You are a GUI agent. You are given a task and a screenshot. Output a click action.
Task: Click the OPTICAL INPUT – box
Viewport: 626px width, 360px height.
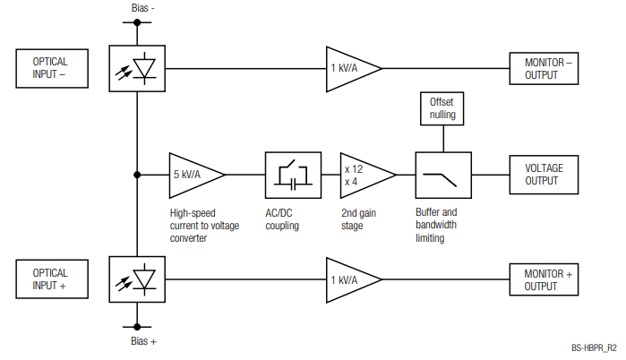[x=53, y=68]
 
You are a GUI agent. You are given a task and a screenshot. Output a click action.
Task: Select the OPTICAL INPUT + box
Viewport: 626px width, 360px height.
[x=53, y=279]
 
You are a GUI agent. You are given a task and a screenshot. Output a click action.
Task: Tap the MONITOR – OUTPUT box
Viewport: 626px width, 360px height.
[x=545, y=68]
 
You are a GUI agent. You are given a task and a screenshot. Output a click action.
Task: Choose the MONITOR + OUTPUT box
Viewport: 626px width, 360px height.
[x=545, y=279]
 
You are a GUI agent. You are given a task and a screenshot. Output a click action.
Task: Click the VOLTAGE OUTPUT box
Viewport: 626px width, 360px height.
[x=545, y=174]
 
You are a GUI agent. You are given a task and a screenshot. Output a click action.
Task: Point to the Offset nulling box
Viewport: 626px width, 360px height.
[x=442, y=108]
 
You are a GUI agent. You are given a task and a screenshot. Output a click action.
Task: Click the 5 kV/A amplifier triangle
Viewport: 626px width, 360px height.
[x=191, y=174]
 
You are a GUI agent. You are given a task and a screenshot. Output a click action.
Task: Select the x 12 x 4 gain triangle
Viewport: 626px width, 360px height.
[x=362, y=174]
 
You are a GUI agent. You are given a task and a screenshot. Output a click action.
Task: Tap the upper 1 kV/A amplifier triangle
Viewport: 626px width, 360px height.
[x=348, y=68]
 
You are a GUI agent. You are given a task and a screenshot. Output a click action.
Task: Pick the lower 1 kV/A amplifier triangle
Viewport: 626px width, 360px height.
[x=348, y=279]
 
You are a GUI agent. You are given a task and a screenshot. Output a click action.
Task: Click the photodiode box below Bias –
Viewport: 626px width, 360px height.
[x=137, y=68]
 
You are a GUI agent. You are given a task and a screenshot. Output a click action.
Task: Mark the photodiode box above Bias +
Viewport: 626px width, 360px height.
[x=137, y=279]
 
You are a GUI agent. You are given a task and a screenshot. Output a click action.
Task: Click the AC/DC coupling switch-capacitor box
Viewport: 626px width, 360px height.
[x=293, y=174]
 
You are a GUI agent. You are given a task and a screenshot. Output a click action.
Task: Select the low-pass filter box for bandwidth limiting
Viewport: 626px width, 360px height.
[x=442, y=174]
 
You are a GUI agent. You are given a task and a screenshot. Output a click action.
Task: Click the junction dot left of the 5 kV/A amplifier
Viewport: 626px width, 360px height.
[x=137, y=174]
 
